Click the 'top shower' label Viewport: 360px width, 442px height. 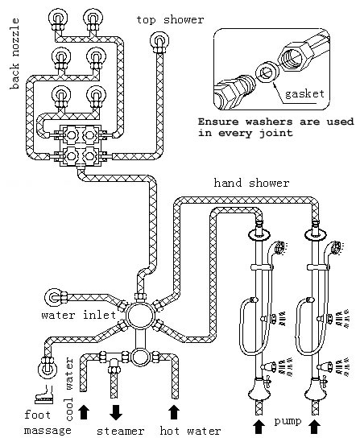(170, 19)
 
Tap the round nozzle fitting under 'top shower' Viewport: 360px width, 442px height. (161, 40)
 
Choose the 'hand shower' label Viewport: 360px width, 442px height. (251, 184)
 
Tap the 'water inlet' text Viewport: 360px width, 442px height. (78, 315)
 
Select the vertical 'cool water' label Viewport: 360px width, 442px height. (69, 378)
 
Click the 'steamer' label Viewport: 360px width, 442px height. (121, 431)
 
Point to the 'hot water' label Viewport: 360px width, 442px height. (190, 431)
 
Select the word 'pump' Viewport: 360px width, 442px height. (285, 420)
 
